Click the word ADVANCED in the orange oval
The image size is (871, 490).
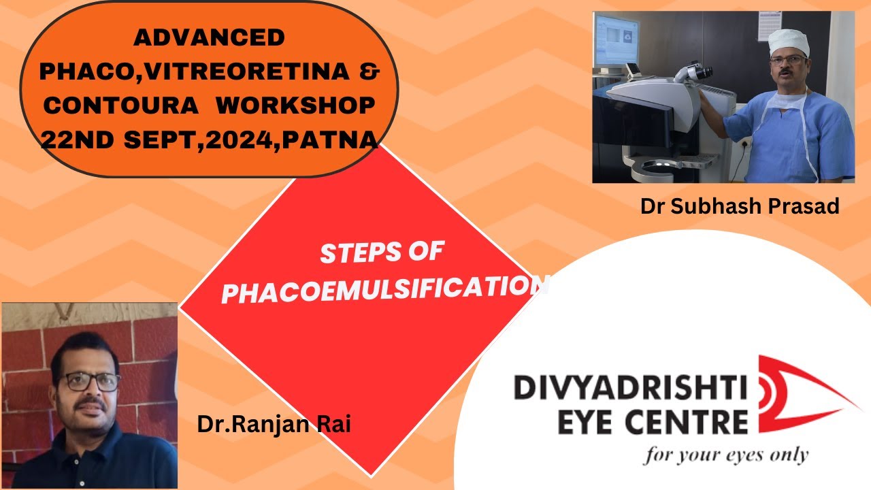pos(209,38)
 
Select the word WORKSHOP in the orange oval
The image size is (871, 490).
pos(296,106)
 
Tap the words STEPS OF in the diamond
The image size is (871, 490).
pos(381,253)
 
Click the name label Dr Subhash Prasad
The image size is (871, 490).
pos(739,206)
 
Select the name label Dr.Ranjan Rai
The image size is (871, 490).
pos(274,425)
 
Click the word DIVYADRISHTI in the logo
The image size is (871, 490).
pos(629,389)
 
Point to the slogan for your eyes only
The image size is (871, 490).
pos(725,454)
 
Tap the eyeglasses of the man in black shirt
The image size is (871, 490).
pos(88,382)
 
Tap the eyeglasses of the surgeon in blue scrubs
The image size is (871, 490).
pos(787,61)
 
